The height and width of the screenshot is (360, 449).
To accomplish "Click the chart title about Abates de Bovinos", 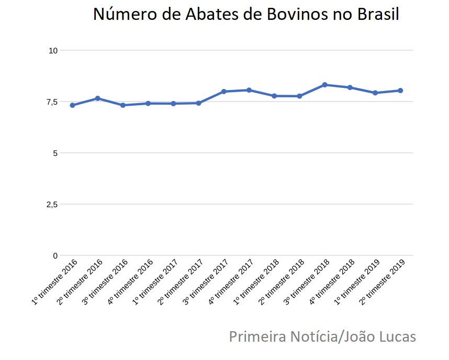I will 246,15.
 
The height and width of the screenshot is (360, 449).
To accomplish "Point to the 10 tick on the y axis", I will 53,50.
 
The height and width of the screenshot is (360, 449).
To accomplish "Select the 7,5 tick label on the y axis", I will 51,102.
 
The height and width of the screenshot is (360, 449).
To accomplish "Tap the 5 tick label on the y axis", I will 54,153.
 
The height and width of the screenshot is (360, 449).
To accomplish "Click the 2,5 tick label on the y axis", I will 51,204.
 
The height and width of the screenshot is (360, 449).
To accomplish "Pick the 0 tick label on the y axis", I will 54,255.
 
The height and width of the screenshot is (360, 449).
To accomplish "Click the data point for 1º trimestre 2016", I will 72,105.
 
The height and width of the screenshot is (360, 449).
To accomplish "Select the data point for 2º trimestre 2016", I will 98,98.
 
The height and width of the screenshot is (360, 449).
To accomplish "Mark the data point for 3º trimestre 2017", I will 223,92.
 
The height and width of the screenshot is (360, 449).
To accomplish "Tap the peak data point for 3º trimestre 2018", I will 324,85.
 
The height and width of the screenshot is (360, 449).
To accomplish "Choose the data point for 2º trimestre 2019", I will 400,91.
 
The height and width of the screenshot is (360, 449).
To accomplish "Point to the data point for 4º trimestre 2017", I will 249,90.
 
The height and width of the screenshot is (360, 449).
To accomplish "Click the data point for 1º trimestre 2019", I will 375,93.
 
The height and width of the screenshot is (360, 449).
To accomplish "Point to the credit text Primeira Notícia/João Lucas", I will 322,336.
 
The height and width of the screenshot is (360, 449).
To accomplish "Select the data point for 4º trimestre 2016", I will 148,104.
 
